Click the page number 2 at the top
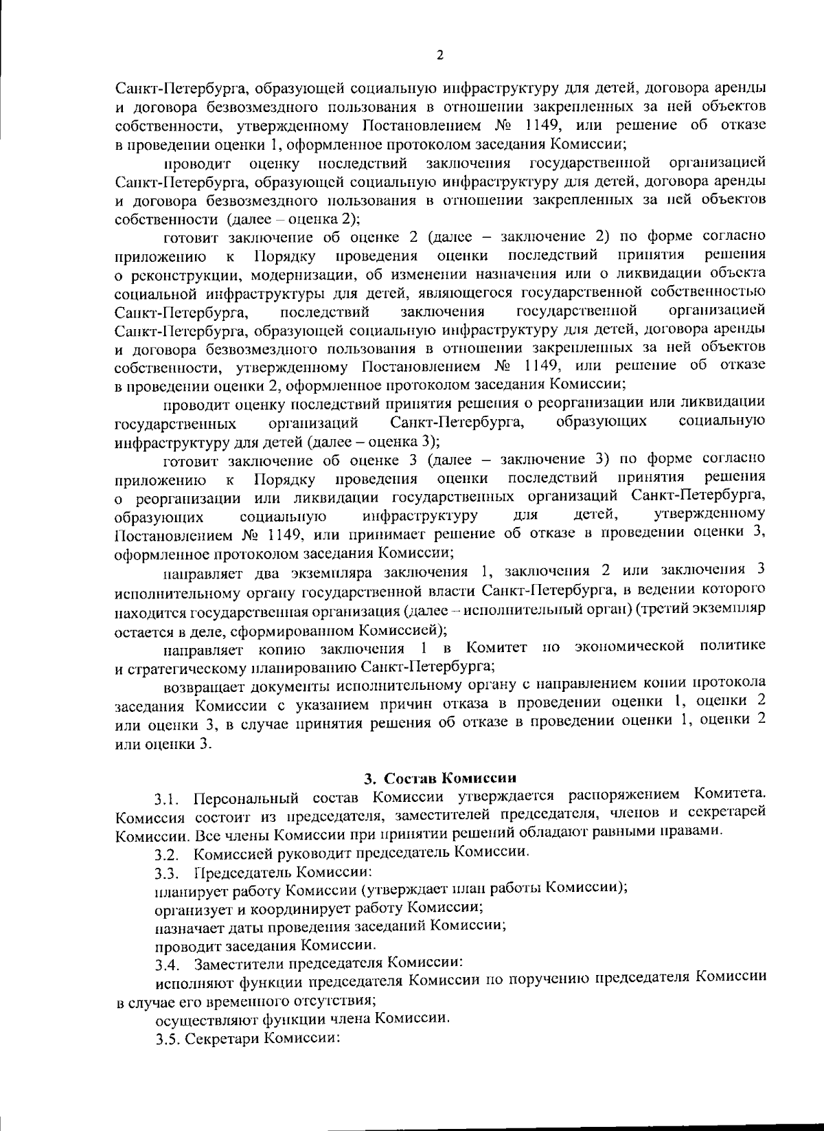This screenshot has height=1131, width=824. tap(439, 56)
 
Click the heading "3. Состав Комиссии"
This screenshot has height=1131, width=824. tap(439, 779)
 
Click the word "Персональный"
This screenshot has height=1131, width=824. tap(242, 798)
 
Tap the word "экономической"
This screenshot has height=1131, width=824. tap(630, 647)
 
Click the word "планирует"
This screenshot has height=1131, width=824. tap(185, 888)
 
